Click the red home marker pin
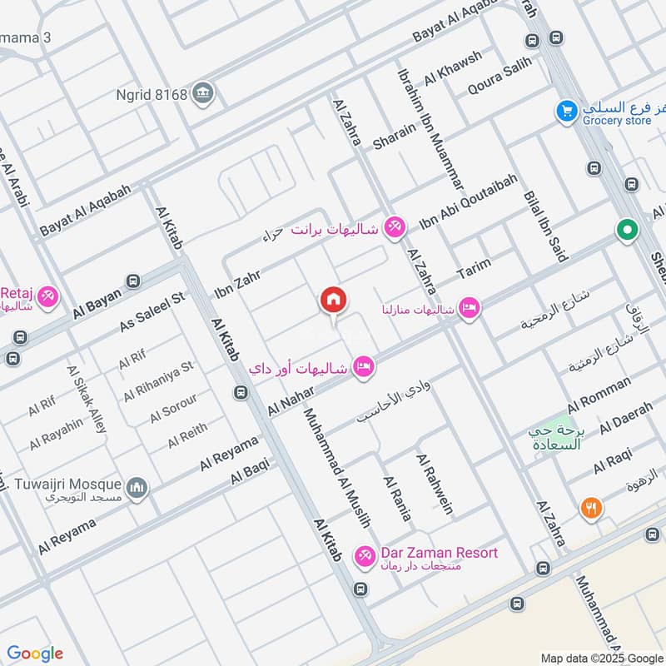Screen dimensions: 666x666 point(333,301)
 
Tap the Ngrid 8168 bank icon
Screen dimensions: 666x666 point(202,93)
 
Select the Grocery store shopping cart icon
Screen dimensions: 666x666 point(568,110)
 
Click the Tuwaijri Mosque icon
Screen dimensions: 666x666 point(137,487)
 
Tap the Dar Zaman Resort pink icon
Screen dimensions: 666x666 point(364,555)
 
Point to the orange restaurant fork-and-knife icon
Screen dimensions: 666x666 point(592,508)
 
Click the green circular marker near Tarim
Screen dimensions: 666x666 point(626,228)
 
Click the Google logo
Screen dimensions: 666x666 point(35,654)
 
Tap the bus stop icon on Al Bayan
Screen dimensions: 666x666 point(132,281)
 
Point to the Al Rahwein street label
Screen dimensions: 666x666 point(435,485)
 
